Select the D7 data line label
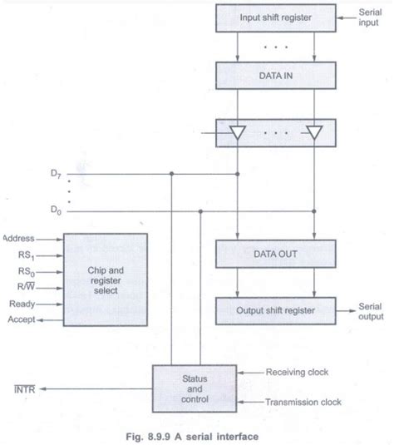tap(55, 174)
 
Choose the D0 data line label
tap(55, 211)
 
